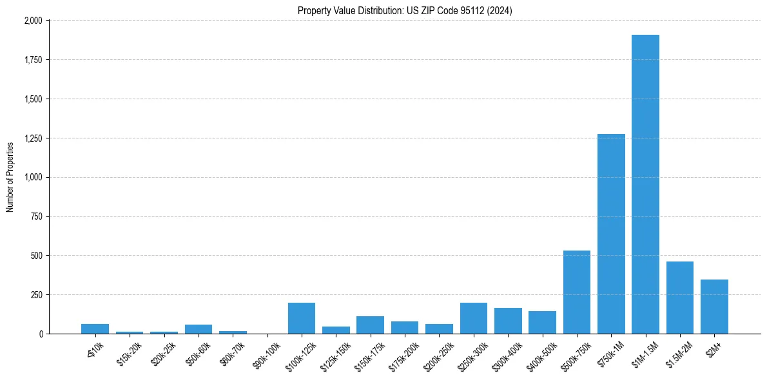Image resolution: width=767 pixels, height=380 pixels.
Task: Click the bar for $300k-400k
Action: pyautogui.click(x=508, y=321)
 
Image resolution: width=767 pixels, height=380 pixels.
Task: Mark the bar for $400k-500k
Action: pyautogui.click(x=542, y=323)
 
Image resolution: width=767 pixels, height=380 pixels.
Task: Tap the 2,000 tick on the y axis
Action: pyautogui.click(x=33, y=21)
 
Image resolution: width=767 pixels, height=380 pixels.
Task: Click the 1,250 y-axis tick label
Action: pyautogui.click(x=33, y=138)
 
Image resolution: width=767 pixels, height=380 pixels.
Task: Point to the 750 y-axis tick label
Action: pyautogui.click(x=37, y=217)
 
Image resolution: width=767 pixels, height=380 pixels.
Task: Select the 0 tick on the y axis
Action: pyautogui.click(x=41, y=334)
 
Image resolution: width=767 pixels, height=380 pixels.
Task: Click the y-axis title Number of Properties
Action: pyautogui.click(x=10, y=177)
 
